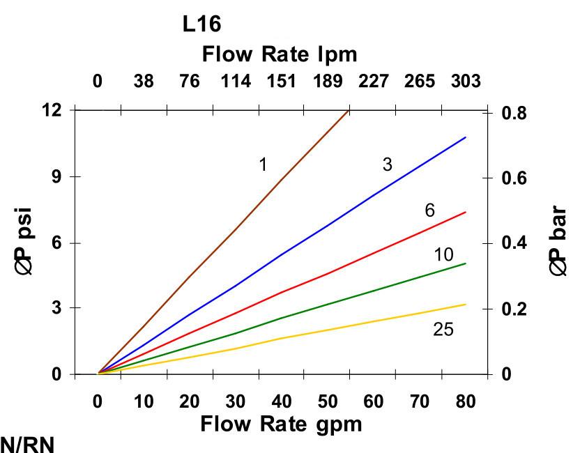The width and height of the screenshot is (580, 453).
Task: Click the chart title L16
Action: coord(201,24)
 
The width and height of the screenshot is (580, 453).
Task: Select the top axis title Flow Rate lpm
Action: coord(279,54)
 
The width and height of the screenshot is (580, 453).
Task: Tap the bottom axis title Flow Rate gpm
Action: coord(281,424)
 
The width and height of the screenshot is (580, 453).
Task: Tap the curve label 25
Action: coord(443,329)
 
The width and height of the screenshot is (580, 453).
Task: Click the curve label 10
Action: coord(443,254)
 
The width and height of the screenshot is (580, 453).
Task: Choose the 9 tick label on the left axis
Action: coord(56,176)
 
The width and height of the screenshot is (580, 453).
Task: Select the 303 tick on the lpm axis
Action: coord(465,82)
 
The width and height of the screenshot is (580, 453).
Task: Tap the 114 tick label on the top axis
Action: coord(236,82)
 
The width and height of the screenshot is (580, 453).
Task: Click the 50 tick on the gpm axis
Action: coord(327,401)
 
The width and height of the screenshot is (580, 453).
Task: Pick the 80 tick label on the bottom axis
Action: coord(465,401)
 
